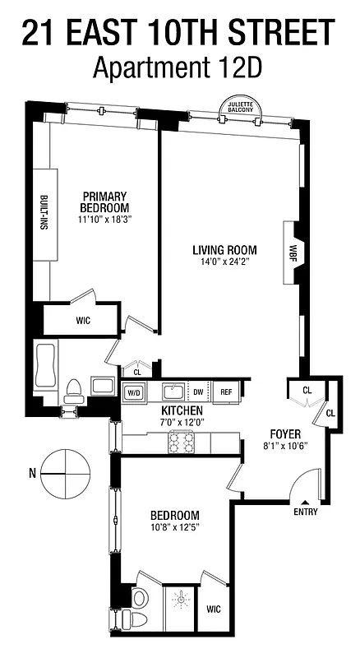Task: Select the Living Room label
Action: point(224,250)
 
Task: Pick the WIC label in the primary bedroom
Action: point(83,319)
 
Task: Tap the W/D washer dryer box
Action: point(133,392)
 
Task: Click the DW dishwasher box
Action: point(198,392)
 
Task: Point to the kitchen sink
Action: point(172,391)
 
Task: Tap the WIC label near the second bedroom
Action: point(214,609)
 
